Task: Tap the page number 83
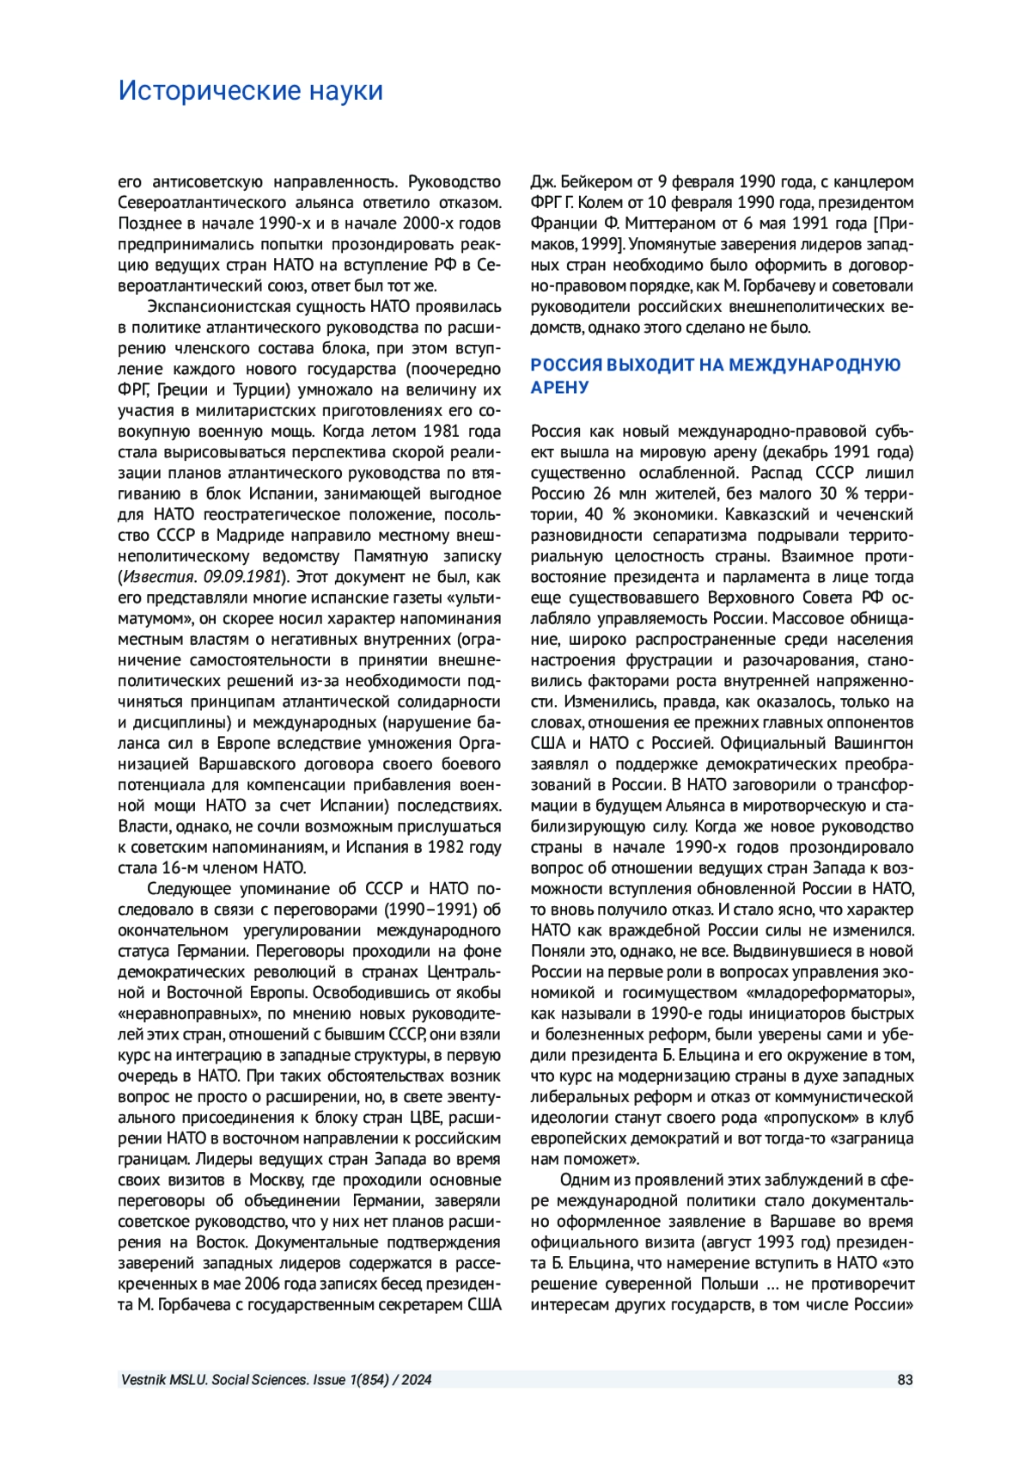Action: click(905, 1380)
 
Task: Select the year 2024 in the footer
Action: click(416, 1380)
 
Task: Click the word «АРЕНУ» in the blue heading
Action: click(559, 387)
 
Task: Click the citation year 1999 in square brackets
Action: click(601, 244)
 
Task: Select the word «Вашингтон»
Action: click(874, 743)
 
